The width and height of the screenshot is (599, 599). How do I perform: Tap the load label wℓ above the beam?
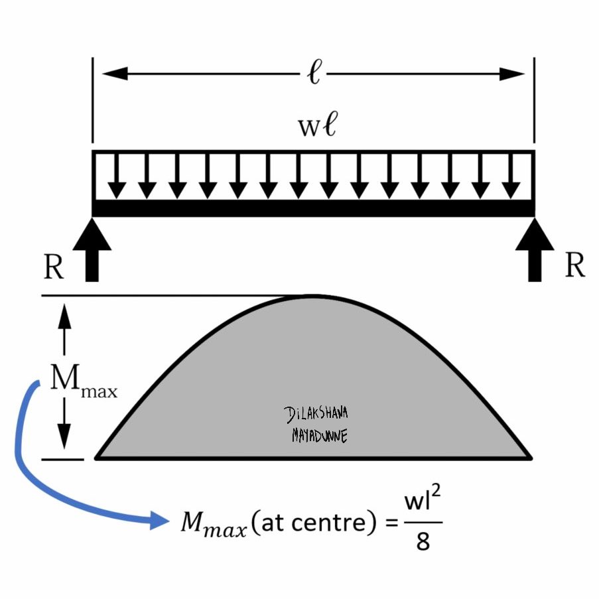click(316, 126)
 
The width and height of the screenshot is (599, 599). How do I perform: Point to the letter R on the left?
click(54, 267)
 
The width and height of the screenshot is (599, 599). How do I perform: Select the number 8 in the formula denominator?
click(423, 543)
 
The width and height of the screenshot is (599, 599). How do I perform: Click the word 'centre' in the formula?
click(328, 523)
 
